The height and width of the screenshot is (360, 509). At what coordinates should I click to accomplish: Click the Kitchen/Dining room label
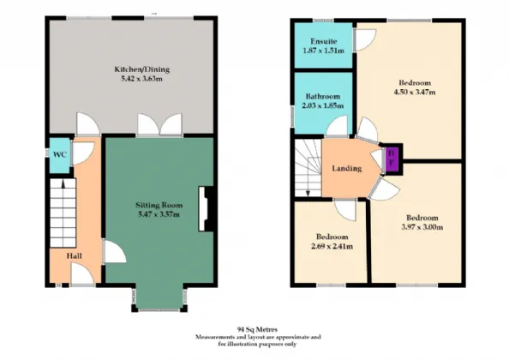click(142, 69)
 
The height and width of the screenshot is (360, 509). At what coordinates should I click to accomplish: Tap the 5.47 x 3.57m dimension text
click(159, 214)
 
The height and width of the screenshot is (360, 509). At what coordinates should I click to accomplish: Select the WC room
click(59, 155)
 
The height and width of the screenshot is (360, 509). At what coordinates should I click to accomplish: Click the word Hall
click(74, 255)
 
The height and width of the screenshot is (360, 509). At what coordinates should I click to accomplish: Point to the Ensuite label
click(323, 41)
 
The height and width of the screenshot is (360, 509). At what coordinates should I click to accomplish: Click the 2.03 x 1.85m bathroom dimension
click(323, 105)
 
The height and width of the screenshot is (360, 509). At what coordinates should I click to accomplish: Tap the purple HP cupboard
click(392, 159)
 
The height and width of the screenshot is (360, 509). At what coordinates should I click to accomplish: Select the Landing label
click(347, 168)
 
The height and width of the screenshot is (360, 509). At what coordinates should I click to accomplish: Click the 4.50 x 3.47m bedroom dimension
click(415, 92)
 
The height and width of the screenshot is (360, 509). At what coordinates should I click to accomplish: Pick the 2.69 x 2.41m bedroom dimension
click(332, 246)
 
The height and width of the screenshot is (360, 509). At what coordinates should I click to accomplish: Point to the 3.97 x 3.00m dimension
click(422, 227)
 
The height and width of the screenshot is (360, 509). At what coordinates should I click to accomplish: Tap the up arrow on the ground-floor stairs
click(63, 184)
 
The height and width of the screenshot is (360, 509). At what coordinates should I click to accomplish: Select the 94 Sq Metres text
click(257, 329)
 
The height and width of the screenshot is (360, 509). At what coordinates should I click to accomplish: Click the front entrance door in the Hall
click(82, 274)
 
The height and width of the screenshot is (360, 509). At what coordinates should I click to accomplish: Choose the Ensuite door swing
click(365, 40)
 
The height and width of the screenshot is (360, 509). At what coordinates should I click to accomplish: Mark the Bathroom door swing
click(337, 127)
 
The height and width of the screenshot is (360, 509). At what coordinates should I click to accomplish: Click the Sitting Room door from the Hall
click(114, 251)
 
